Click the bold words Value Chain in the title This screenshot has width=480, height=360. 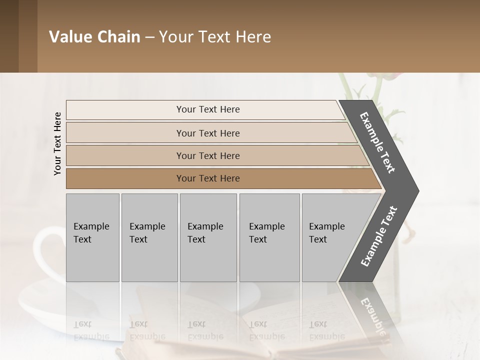[x=94, y=37]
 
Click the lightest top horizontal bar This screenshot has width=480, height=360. [x=125, y=109]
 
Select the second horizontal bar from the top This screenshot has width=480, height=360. [x=125, y=133]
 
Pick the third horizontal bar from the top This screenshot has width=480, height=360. [x=125, y=155]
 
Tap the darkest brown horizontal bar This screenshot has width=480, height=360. [x=125, y=178]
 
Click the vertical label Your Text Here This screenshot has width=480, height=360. [x=57, y=143]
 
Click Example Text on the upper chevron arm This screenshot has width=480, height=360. [x=377, y=142]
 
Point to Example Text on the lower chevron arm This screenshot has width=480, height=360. [x=379, y=236]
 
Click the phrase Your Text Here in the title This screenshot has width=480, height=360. [x=215, y=37]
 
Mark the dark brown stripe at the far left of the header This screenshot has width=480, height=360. [x=9, y=36]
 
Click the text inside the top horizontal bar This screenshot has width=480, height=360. [x=208, y=109]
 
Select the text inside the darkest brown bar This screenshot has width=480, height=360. [x=208, y=178]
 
